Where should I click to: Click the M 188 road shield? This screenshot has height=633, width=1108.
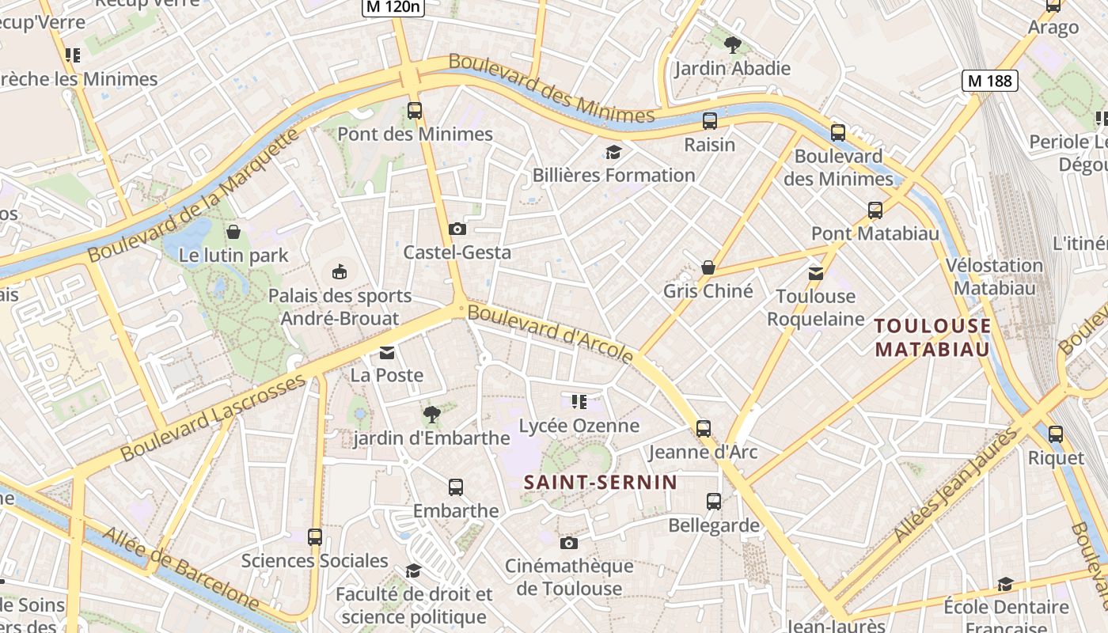coord(989,80)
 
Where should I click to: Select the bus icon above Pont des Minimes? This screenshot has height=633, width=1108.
coord(415,111)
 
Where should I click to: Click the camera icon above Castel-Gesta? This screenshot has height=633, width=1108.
coord(457,229)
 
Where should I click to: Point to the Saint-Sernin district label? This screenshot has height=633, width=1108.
coord(601,482)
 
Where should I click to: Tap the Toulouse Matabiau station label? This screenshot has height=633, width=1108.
coord(933,337)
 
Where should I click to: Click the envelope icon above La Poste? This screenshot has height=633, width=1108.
coord(387,352)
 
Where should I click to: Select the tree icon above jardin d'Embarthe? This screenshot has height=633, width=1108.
coord(431,414)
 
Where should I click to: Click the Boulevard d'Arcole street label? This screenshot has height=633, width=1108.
coord(551,333)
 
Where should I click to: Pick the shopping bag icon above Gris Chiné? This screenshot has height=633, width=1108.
coord(708,268)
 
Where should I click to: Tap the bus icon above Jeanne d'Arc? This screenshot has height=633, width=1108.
coord(704,429)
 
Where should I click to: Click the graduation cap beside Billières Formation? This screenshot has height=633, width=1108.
coord(613,152)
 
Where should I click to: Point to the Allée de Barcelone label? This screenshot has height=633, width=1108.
coord(180,569)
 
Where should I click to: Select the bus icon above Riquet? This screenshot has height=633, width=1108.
coord(1055,434)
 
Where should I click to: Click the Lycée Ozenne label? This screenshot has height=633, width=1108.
coord(579,426)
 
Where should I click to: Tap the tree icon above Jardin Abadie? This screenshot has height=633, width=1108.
coord(732,44)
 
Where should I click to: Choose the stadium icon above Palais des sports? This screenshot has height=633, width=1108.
coord(340,272)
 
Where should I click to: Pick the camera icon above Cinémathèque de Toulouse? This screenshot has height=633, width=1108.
coord(568,543)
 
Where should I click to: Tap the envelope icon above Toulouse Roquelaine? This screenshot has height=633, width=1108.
coord(815,274)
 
